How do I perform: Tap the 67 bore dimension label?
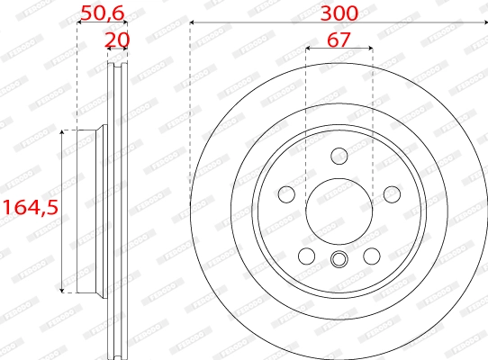(x=339, y=39)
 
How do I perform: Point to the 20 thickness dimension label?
(x=117, y=39)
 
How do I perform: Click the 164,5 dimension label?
(x=29, y=207)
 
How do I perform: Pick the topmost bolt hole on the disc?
(x=339, y=157)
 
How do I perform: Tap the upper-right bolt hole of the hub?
(x=392, y=194)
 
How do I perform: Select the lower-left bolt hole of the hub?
(x=307, y=256)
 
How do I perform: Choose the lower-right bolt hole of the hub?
(x=371, y=256)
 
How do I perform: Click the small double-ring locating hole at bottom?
(x=339, y=261)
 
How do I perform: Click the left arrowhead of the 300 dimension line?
(x=194, y=23)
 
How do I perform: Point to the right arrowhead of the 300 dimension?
(x=484, y=23)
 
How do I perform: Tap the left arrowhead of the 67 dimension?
(x=310, y=49)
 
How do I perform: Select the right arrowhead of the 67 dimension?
(x=369, y=49)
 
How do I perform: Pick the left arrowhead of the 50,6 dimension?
(x=80, y=23)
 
